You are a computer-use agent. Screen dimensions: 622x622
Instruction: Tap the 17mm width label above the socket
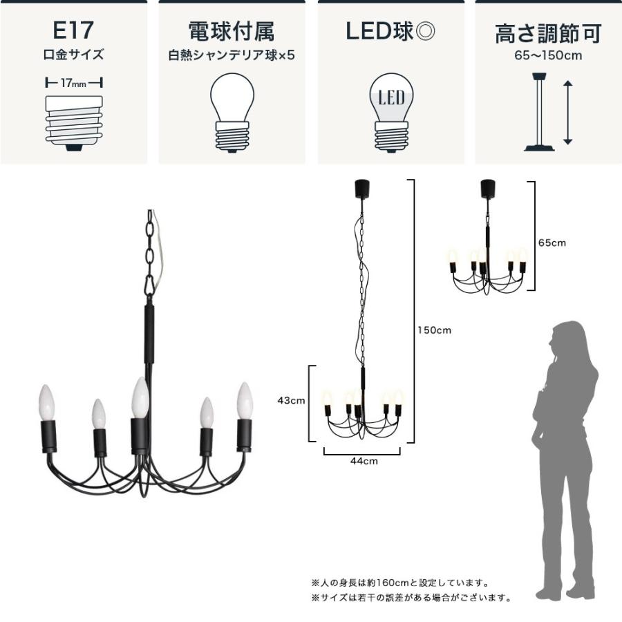73,83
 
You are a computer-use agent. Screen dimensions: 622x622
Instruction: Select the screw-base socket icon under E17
73,122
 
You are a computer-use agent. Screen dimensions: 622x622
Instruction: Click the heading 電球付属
232,31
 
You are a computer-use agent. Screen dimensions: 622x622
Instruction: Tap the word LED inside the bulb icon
391,99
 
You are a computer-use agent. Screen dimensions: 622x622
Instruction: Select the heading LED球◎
391,31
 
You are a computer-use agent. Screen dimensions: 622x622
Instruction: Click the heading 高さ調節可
548,33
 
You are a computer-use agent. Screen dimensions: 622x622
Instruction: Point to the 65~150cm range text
548,56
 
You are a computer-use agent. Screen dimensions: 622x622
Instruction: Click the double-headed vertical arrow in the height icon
567,112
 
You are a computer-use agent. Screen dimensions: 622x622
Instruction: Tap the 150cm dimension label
434,330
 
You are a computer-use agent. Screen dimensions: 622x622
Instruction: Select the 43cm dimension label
292,400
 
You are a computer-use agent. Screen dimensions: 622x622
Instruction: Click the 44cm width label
361,461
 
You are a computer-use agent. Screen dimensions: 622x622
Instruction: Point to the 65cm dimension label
552,243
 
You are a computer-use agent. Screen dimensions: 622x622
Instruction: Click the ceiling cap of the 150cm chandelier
360,187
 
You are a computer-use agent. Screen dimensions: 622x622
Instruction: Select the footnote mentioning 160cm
400,583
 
